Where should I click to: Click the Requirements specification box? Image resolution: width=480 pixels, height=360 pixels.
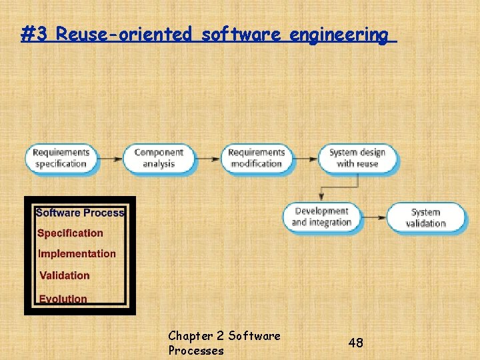pyautogui.click(x=61, y=159)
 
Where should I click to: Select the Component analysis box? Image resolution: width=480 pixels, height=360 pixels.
pyautogui.click(x=159, y=159)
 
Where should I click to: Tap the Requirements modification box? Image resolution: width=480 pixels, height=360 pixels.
pyautogui.click(x=256, y=159)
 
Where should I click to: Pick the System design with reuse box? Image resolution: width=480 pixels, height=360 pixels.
pyautogui.click(x=357, y=159)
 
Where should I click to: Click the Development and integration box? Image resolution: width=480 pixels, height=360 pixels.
pyautogui.click(x=321, y=217)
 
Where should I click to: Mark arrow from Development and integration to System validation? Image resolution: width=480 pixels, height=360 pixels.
pyautogui.click(x=374, y=217)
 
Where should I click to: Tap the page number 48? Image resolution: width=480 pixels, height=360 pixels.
pyautogui.click(x=356, y=343)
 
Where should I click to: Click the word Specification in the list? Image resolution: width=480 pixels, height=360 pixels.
pyautogui.click(x=70, y=233)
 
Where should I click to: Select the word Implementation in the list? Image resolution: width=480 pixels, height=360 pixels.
pyautogui.click(x=77, y=254)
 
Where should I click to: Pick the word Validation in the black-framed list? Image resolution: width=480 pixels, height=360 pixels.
pyautogui.click(x=64, y=275)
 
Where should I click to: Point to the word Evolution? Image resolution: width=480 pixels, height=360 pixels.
pyautogui.click(x=63, y=299)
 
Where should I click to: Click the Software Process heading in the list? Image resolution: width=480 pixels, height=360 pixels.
pyautogui.click(x=79, y=213)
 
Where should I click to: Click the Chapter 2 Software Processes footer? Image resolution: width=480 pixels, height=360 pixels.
pyautogui.click(x=224, y=343)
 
